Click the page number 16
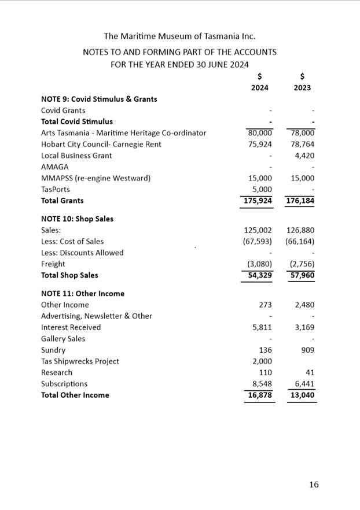[313, 485]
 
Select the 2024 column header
[259, 88]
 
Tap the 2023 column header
[302, 88]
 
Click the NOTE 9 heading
[99, 99]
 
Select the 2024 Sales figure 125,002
[258, 230]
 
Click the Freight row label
[53, 264]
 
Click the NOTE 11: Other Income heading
[83, 294]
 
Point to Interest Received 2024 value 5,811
[262, 327]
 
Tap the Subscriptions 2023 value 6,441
[304, 384]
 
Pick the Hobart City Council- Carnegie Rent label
[101, 144]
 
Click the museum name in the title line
[179, 36]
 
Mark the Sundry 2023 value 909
[308, 350]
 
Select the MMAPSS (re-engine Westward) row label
[95, 178]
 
